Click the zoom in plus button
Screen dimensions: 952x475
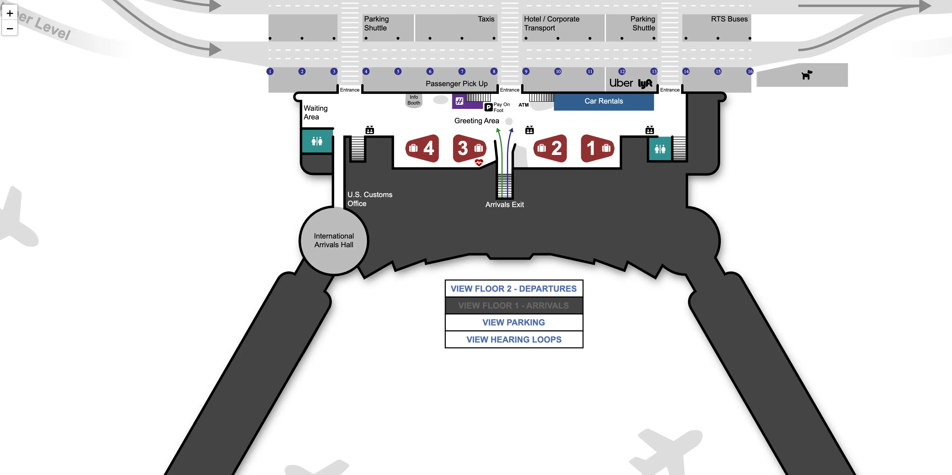(x=10, y=14)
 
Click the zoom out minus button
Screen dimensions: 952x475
(x=10, y=28)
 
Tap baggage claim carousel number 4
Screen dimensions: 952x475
(x=422, y=148)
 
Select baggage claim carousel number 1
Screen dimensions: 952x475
(x=597, y=148)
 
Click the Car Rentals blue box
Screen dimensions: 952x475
(x=604, y=101)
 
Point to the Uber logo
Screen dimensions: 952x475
(x=621, y=83)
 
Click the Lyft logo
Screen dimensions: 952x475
(x=645, y=84)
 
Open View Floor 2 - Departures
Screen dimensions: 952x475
(x=513, y=289)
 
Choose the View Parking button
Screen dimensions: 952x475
(x=513, y=322)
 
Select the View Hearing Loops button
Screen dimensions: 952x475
(x=513, y=339)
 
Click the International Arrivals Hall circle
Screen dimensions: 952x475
(x=334, y=241)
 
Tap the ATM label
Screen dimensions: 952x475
(x=523, y=105)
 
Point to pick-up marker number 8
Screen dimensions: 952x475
(x=494, y=71)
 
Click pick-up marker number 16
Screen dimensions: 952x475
(x=750, y=71)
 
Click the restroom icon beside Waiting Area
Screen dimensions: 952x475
(x=317, y=141)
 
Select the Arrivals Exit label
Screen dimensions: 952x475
(x=504, y=205)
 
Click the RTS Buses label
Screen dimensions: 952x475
(x=729, y=19)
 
